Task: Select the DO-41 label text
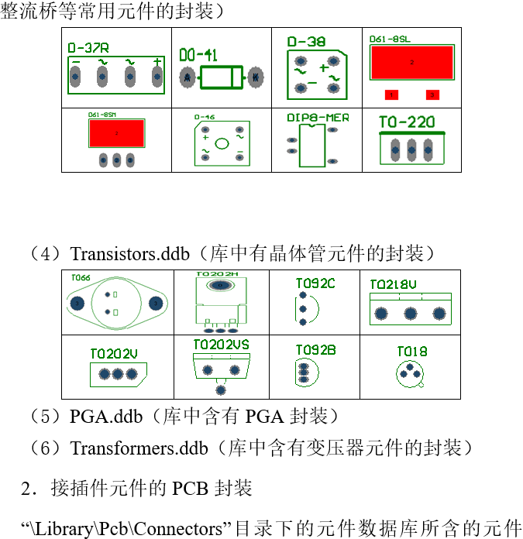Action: pyautogui.click(x=198, y=56)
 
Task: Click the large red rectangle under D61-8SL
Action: pyautogui.click(x=411, y=62)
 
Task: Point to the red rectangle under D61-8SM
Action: pyautogui.click(x=116, y=134)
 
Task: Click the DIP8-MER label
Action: pyautogui.click(x=318, y=118)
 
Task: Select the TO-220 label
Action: pyautogui.click(x=408, y=122)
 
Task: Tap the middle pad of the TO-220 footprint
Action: pyautogui.click(x=411, y=149)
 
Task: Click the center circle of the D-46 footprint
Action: pyautogui.click(x=222, y=143)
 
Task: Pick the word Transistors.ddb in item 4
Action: pyautogui.click(x=125, y=254)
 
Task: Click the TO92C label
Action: pyautogui.click(x=315, y=283)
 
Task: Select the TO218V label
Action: pyautogui.click(x=393, y=284)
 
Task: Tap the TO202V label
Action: pyautogui.click(x=114, y=354)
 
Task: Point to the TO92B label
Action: pyautogui.click(x=315, y=350)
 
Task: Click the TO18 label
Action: pyautogui.click(x=412, y=352)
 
